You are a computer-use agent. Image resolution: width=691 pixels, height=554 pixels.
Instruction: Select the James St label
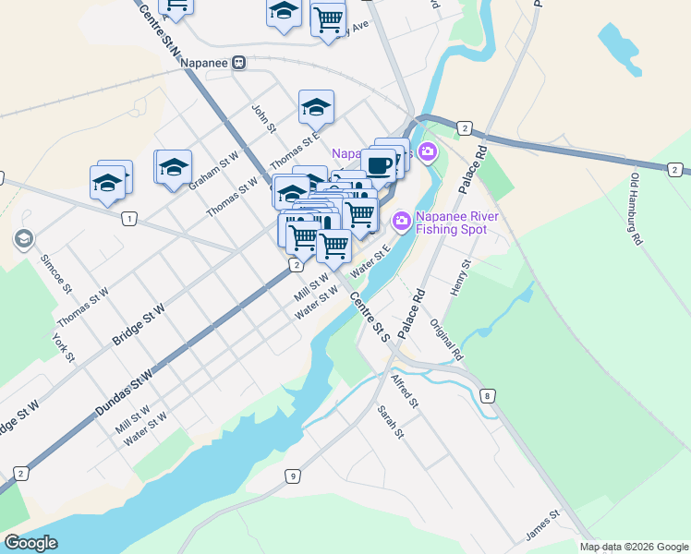pos(542,525)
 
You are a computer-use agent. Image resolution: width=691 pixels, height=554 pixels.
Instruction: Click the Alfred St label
pos(405,391)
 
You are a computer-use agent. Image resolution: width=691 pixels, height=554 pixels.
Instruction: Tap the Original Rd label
pos(446,340)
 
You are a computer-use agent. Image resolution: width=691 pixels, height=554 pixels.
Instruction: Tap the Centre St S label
pos(370,317)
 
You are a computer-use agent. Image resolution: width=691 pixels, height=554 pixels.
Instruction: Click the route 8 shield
pos(487,396)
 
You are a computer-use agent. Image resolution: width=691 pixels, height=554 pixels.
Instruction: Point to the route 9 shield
pos(293,476)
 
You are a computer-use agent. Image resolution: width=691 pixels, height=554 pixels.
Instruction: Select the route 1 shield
pos(128,219)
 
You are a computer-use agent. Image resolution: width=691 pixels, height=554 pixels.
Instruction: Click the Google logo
pos(31,543)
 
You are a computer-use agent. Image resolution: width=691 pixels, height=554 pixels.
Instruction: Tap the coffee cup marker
pos(378,164)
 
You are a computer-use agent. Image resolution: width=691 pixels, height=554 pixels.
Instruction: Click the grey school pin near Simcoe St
pos(23,240)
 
